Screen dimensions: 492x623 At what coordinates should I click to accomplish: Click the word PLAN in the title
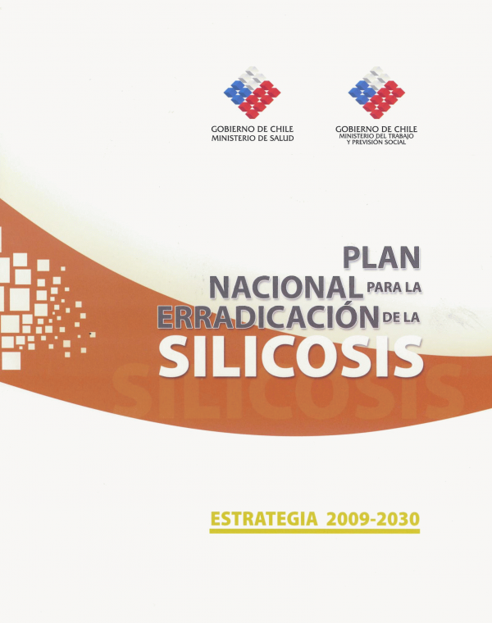[x=381, y=257]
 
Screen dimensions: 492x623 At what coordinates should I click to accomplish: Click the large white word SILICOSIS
[x=291, y=357]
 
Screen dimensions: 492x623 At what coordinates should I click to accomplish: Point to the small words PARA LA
[x=394, y=286]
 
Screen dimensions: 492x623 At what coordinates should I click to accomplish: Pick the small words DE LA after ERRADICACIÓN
[x=401, y=318]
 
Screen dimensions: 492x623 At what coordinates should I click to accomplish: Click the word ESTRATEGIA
[x=264, y=519]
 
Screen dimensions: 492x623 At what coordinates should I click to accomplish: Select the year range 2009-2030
[x=373, y=519]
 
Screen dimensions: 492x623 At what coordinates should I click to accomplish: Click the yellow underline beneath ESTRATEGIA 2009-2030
[x=314, y=531]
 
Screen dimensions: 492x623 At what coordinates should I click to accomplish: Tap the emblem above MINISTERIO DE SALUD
[x=252, y=92]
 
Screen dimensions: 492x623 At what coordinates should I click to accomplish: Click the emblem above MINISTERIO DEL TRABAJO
[x=376, y=92]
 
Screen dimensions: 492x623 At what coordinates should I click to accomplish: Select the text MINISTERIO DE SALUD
[x=253, y=139]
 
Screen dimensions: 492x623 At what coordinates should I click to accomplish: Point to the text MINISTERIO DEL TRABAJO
[x=376, y=136]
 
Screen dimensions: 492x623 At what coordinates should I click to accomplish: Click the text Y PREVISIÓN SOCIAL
[x=376, y=142]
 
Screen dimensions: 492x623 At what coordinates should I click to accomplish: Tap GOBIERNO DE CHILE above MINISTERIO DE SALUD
[x=253, y=130]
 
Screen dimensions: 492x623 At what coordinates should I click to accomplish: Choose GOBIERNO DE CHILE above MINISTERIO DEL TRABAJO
[x=376, y=129]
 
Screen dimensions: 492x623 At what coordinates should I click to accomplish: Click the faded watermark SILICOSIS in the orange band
[x=289, y=391]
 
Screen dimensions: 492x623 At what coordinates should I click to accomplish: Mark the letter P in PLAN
[x=352, y=257]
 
